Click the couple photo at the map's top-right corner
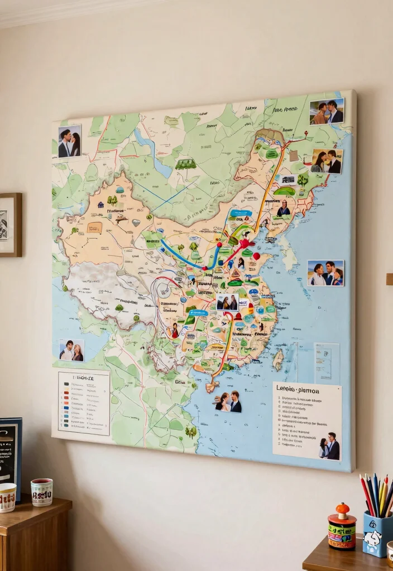327,111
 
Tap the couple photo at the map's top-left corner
69,141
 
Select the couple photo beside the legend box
71,350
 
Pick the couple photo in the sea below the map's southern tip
228,401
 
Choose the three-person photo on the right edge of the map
325,273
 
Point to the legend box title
84,378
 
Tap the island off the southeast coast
278,360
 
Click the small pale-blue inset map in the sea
326,361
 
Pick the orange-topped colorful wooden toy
342,527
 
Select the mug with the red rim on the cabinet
42,492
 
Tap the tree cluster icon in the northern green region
185,163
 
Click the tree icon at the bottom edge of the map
191,432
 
